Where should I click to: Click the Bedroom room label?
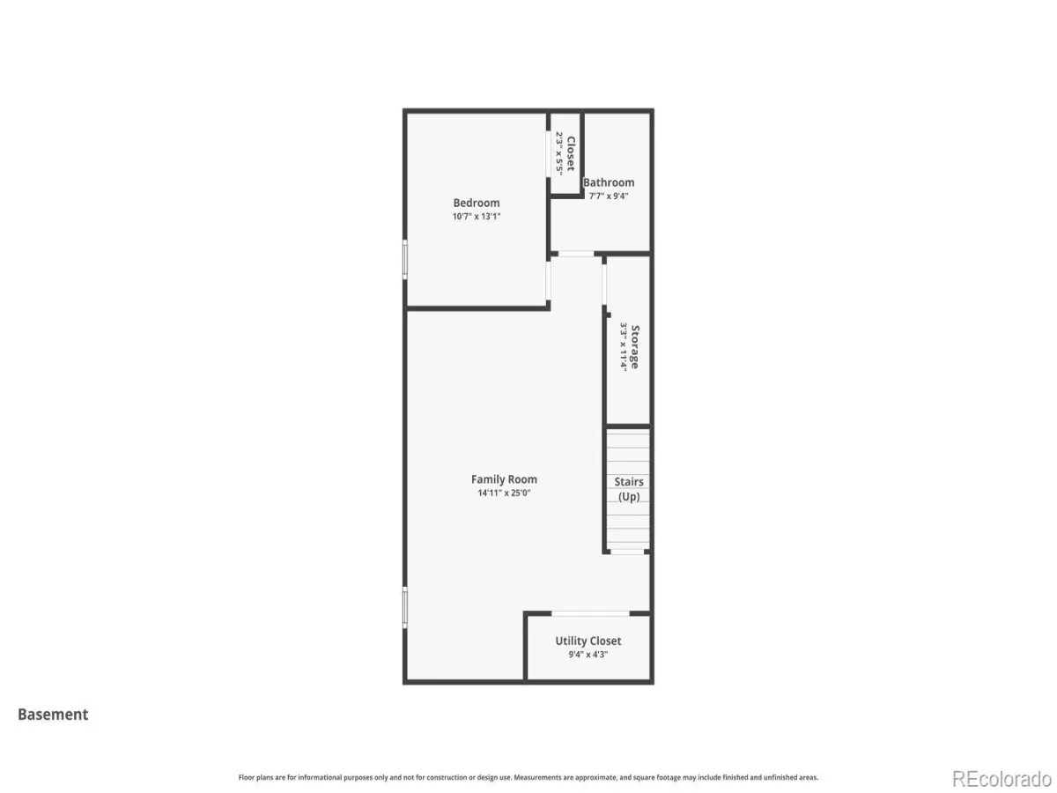476,203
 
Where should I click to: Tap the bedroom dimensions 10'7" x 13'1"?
476,216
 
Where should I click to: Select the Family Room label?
504,479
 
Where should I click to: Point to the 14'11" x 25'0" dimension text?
504,493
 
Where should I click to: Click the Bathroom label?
608,182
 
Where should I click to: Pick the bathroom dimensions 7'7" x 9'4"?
608,196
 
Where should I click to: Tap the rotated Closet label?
571,153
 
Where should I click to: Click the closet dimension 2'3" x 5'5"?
559,153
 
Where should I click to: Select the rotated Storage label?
635,346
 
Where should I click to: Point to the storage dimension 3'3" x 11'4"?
624,346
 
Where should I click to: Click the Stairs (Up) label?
628,489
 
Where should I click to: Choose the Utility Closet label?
588,641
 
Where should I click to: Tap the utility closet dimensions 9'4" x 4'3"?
588,655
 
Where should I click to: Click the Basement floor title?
53,714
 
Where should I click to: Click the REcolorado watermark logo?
1002,779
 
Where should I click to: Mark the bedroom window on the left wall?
405,260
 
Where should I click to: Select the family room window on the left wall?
405,607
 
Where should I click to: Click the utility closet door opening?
590,613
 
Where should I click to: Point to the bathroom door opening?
576,253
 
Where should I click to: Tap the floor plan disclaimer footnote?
528,777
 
